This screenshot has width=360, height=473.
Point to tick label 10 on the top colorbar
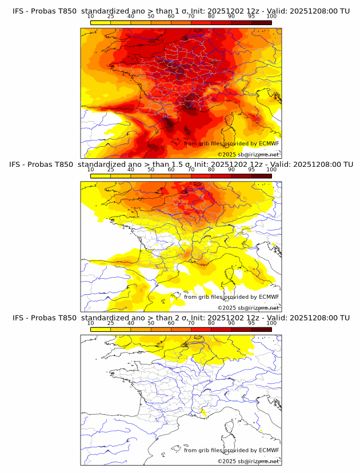[x=90, y=16]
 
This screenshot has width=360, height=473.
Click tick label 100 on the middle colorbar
[x=271, y=170]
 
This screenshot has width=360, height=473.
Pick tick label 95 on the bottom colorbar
[x=251, y=323]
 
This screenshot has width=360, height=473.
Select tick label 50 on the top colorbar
[x=151, y=16]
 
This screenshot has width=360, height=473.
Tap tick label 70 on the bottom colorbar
[x=191, y=323]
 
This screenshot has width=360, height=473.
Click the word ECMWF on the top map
[x=269, y=144]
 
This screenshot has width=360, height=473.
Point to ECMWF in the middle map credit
[x=269, y=297]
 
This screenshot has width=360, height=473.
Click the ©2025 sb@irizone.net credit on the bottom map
[x=248, y=461]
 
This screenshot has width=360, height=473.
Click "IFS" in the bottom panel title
[x=18, y=318]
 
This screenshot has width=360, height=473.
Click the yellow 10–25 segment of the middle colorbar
[x=100, y=175]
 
